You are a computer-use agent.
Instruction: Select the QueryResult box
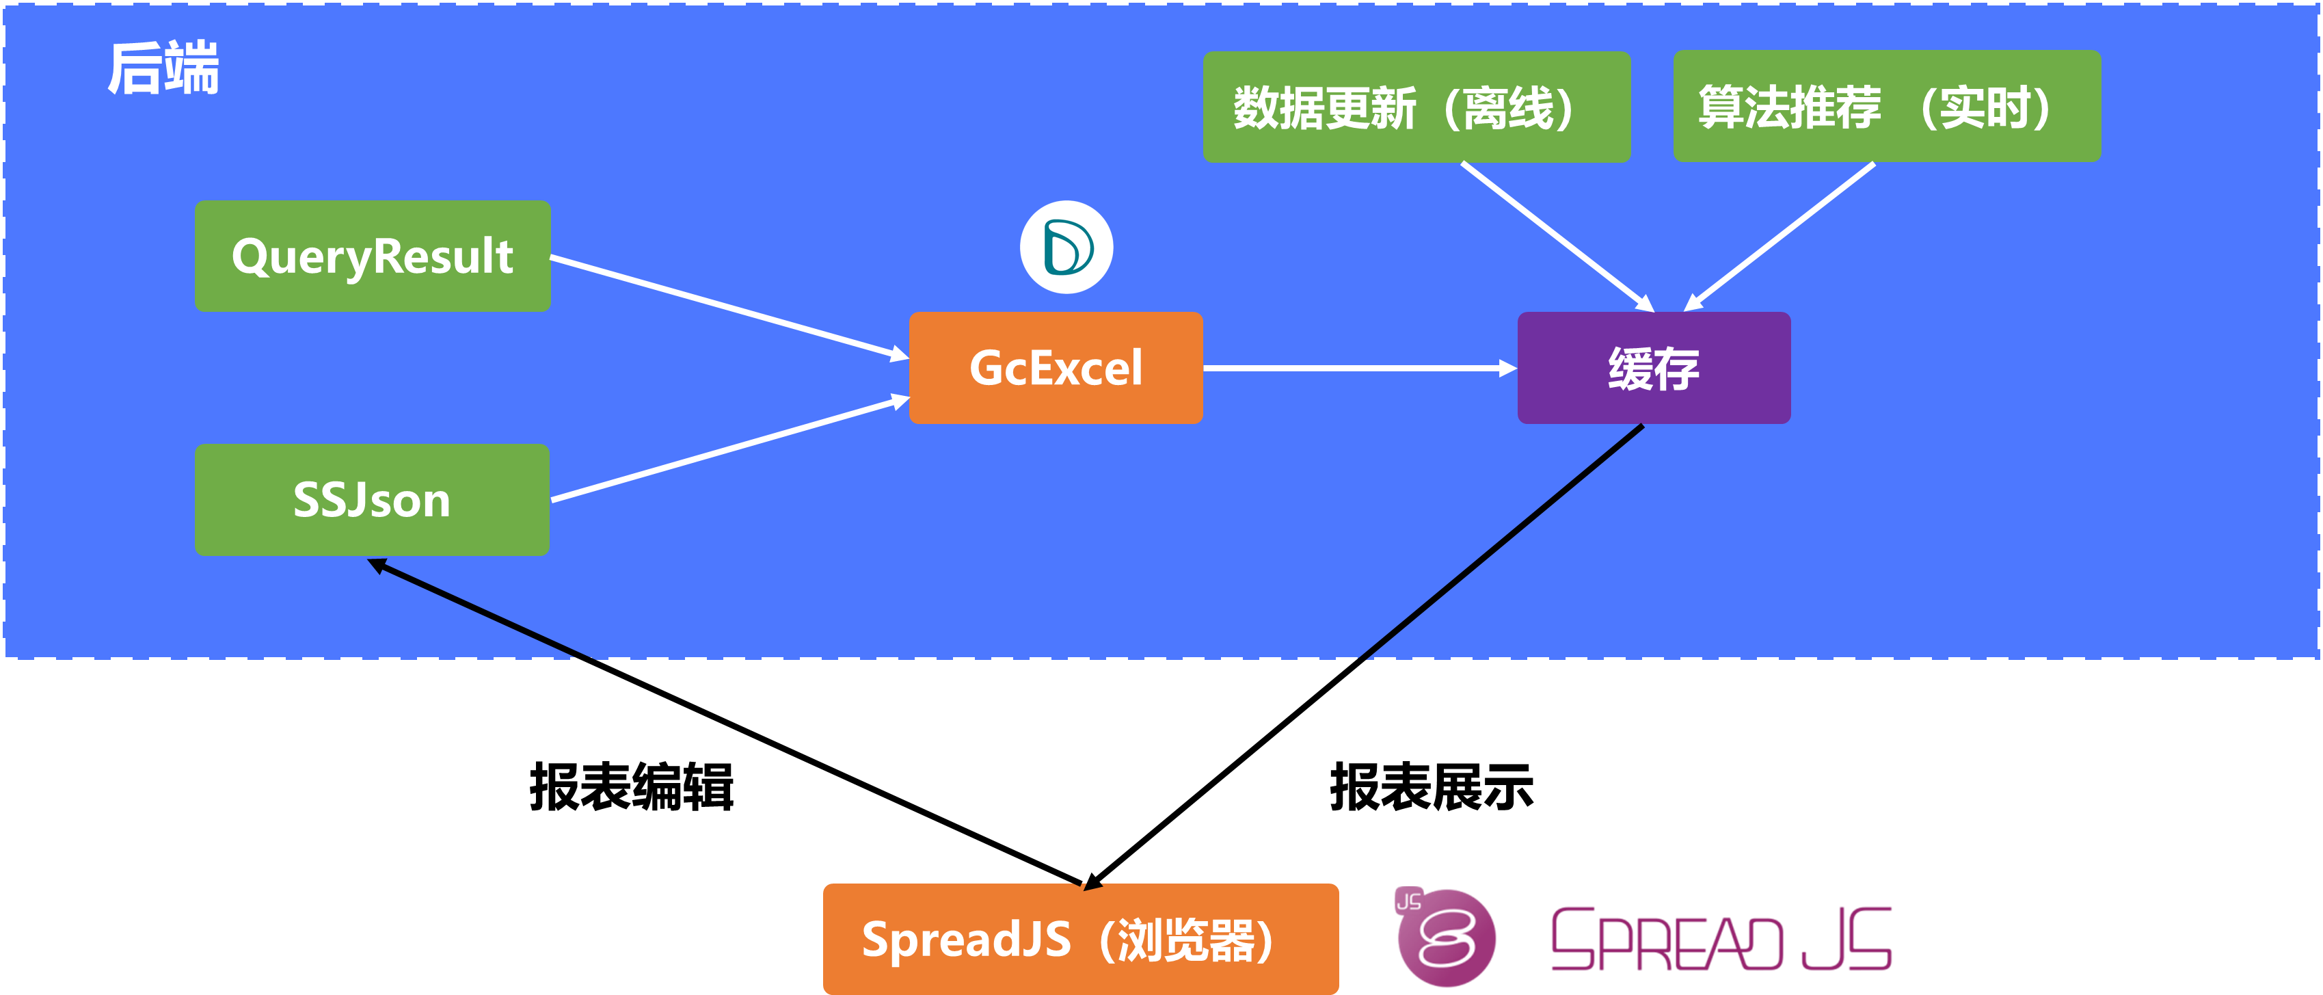[373, 256]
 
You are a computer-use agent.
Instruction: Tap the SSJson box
[371, 500]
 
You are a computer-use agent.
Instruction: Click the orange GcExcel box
[1055, 368]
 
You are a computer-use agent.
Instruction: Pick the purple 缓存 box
[1653, 368]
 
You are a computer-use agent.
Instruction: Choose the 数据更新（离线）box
[1416, 107]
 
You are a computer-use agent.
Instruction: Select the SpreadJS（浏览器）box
[1080, 939]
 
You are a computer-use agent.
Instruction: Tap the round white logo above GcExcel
[1066, 247]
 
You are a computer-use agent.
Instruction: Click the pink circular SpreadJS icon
[1447, 939]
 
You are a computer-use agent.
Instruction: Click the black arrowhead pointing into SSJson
[377, 566]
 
